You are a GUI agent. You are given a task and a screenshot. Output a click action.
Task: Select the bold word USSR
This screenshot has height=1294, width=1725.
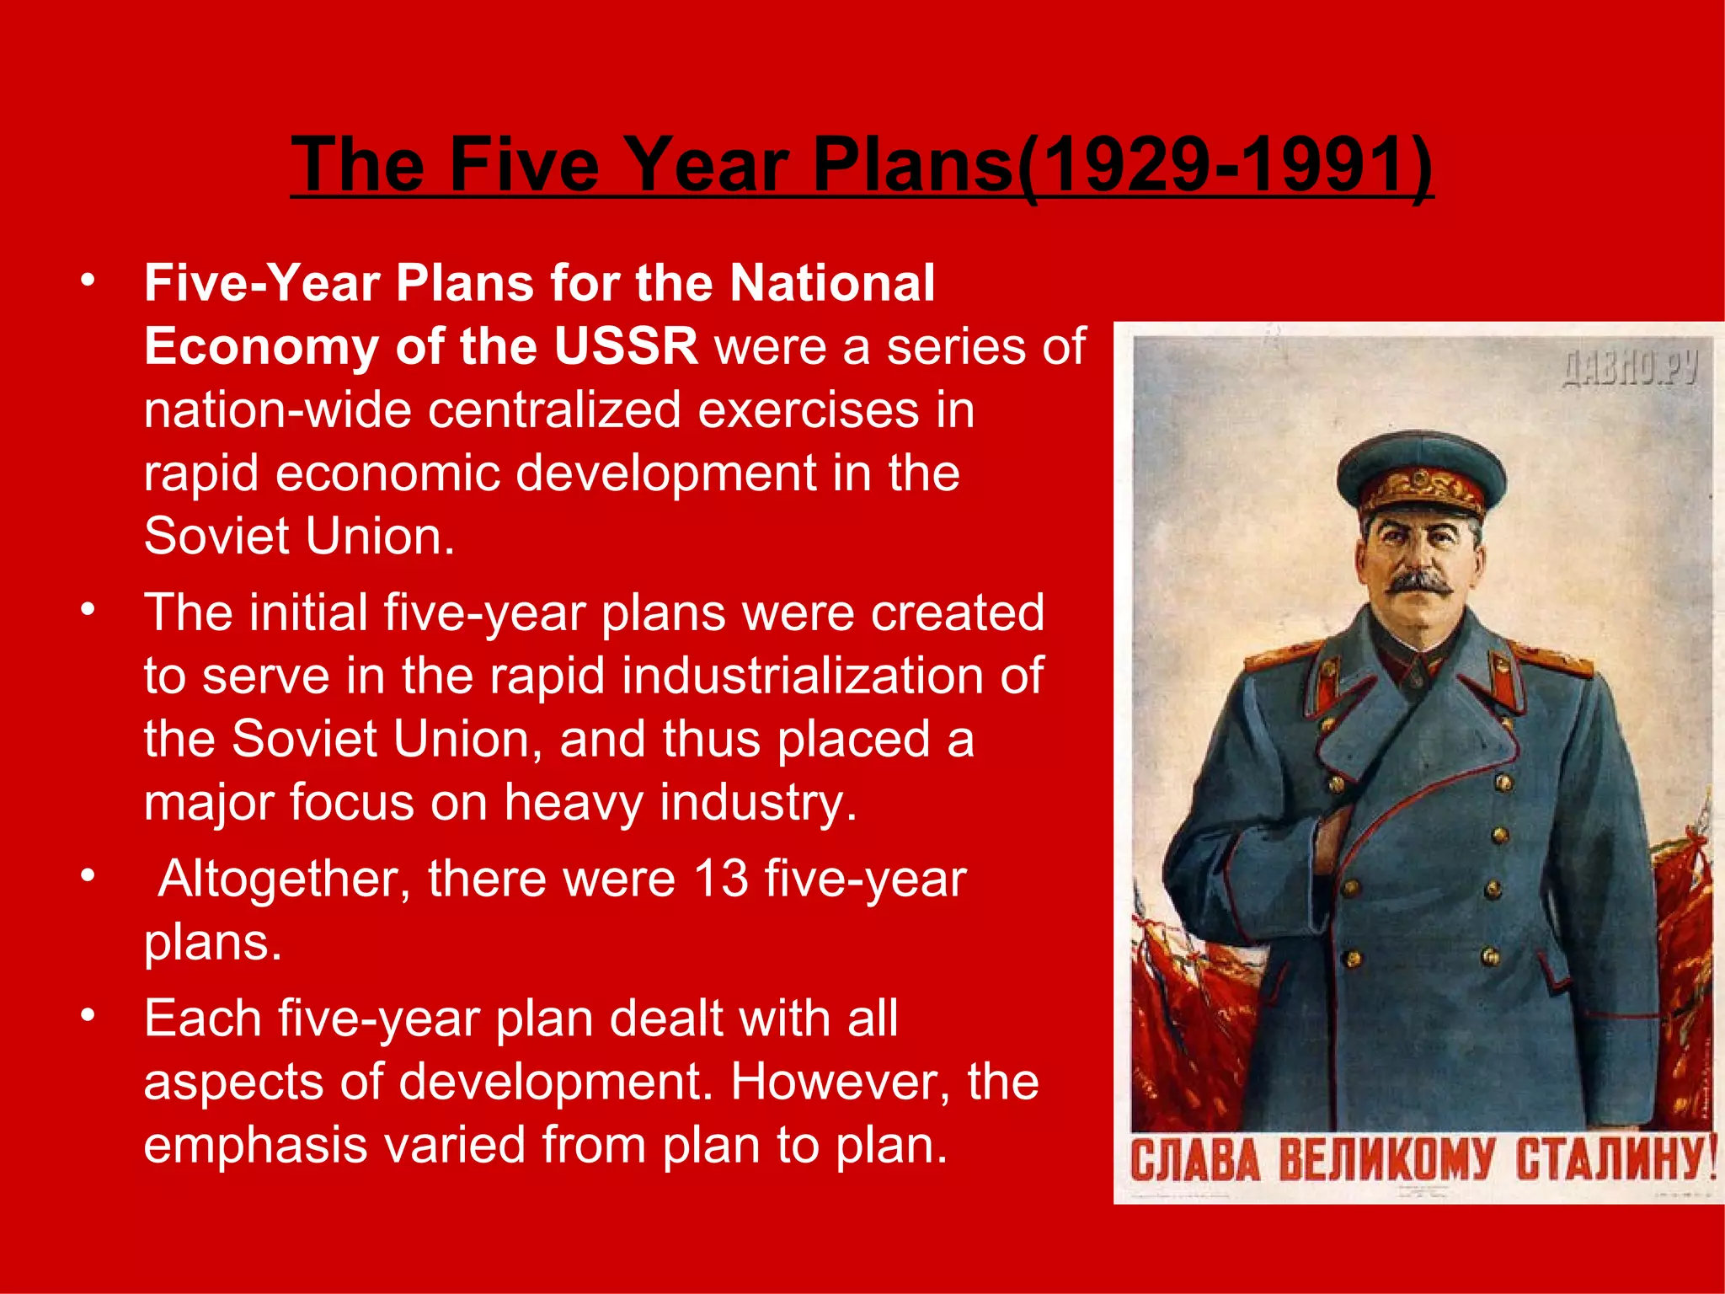626,346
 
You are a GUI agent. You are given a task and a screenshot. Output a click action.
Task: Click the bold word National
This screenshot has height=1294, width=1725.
832,282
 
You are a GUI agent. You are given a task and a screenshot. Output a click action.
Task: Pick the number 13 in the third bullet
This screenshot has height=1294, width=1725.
721,879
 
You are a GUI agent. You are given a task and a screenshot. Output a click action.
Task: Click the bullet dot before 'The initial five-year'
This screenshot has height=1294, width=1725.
88,609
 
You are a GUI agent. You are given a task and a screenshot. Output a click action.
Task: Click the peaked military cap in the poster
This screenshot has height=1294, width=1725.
1421,473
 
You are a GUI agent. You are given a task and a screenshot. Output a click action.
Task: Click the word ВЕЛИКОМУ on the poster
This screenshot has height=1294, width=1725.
1386,1161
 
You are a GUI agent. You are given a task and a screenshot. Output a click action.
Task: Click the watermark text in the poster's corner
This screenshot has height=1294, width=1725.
1629,368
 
